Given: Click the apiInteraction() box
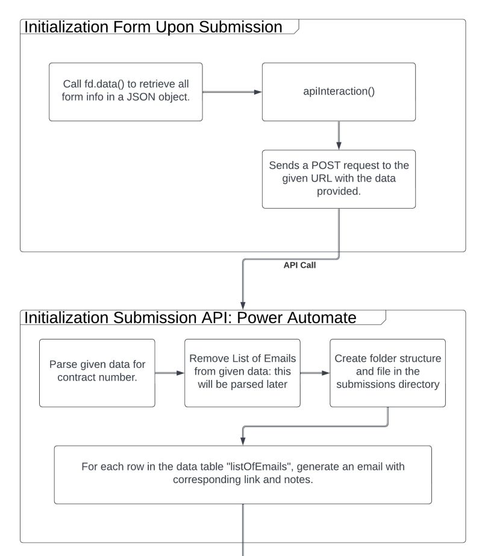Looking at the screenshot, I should (338, 92).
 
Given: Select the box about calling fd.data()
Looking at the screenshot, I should (125, 92).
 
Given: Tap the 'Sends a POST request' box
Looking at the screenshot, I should (338, 179).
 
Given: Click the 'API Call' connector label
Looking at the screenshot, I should (300, 265).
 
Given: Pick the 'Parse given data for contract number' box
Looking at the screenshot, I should (96, 373).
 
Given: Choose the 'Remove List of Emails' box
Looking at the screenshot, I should (242, 373).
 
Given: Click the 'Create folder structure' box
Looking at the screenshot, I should (387, 373).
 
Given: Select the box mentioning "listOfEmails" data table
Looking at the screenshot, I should (242, 475).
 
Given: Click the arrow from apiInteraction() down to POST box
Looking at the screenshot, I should (339, 135).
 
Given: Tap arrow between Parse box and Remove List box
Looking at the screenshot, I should (169, 373).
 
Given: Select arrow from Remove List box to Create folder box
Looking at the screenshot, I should (315, 373).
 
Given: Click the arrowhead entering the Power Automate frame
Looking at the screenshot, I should (243, 304).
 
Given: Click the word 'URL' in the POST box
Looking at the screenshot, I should (322, 179).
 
